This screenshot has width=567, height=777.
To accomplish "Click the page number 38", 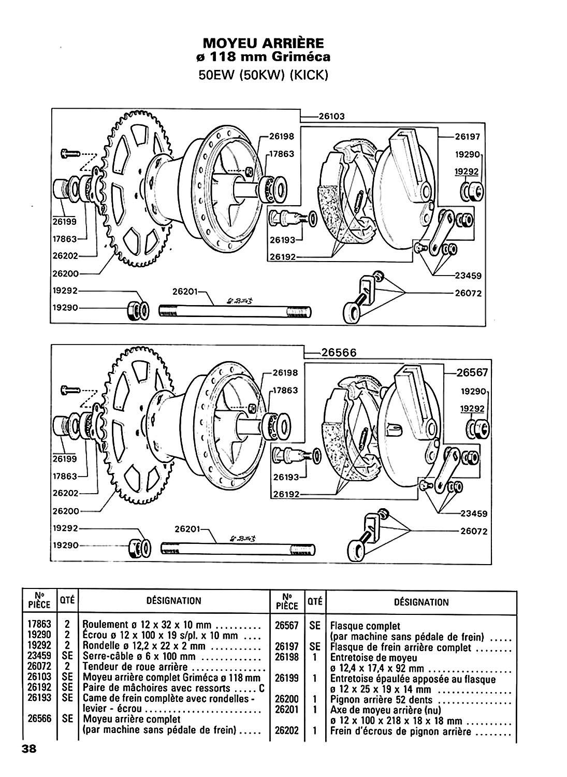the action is pyautogui.click(x=29, y=759).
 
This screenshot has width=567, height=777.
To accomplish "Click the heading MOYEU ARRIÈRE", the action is pyautogui.click(x=263, y=44).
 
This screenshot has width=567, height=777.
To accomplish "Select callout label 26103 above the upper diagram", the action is pyautogui.click(x=332, y=116).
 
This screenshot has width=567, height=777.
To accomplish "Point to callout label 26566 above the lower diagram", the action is pyautogui.click(x=339, y=352).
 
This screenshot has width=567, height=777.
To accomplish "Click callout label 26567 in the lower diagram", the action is pyautogui.click(x=472, y=372).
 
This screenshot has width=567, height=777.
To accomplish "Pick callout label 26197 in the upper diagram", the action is pyautogui.click(x=468, y=137).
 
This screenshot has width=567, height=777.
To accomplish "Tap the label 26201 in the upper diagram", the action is pyautogui.click(x=185, y=292).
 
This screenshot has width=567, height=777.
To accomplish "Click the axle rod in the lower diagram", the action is pyautogui.click(x=238, y=549).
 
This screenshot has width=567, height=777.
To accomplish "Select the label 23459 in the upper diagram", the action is pyautogui.click(x=469, y=276).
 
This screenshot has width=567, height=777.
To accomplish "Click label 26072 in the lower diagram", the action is pyautogui.click(x=474, y=531).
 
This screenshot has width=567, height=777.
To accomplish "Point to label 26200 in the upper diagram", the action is pyautogui.click(x=66, y=274).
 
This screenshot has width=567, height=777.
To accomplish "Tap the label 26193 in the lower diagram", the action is pyautogui.click(x=286, y=477).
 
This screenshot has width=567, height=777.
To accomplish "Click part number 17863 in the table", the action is pyautogui.click(x=39, y=624).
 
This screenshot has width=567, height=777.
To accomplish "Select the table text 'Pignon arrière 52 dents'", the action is pyautogui.click(x=382, y=700).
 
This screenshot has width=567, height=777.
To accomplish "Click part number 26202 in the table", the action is pyautogui.click(x=287, y=731).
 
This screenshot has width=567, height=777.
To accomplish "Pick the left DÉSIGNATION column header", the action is pyautogui.click(x=174, y=600).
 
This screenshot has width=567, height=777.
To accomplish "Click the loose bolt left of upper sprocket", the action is pyautogui.click(x=70, y=153).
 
